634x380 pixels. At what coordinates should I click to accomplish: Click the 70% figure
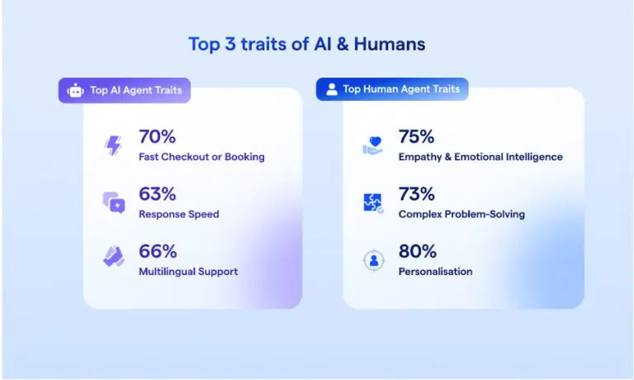tap(158, 137)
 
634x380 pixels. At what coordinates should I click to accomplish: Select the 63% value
tap(158, 194)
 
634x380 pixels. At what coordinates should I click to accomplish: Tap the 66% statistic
tap(158, 251)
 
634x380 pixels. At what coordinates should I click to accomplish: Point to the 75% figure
tap(416, 137)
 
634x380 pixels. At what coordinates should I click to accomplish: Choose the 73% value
tap(416, 194)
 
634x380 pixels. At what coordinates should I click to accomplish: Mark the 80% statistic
tap(417, 251)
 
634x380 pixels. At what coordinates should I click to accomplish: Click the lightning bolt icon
tap(113, 145)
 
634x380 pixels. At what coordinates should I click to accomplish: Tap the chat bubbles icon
tap(114, 202)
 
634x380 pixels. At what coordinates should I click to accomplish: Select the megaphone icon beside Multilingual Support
tap(114, 257)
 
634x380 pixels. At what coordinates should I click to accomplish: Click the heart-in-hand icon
tap(373, 146)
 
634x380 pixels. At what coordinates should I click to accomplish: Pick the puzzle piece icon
tap(373, 202)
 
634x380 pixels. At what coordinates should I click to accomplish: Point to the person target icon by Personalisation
tap(374, 260)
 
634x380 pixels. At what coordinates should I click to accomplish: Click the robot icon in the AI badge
tap(76, 91)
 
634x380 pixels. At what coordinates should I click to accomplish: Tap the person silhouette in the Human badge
tap(332, 89)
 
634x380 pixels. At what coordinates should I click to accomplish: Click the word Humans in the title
tap(390, 44)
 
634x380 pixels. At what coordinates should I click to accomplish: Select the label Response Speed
tap(178, 214)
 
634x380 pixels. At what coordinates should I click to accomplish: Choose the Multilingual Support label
tap(188, 272)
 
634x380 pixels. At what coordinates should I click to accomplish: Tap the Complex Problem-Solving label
tap(461, 214)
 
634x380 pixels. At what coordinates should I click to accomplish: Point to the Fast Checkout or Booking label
tap(201, 157)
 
